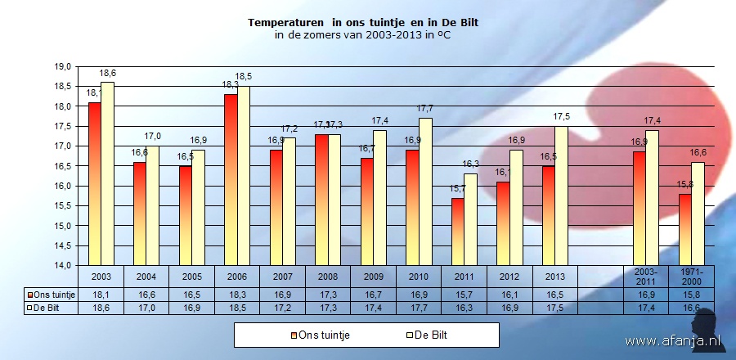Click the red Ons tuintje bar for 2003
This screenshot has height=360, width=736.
coord(95,183)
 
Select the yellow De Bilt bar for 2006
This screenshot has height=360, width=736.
coord(243,176)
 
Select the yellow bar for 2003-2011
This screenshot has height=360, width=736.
coord(652,197)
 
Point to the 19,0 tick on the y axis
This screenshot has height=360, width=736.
coord(63,66)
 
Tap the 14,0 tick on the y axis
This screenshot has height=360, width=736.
coord(63,265)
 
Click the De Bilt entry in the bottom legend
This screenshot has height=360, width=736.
coord(425,335)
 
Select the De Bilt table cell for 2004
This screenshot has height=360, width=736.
coord(146,308)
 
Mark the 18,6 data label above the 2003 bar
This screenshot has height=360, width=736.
coord(107,74)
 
